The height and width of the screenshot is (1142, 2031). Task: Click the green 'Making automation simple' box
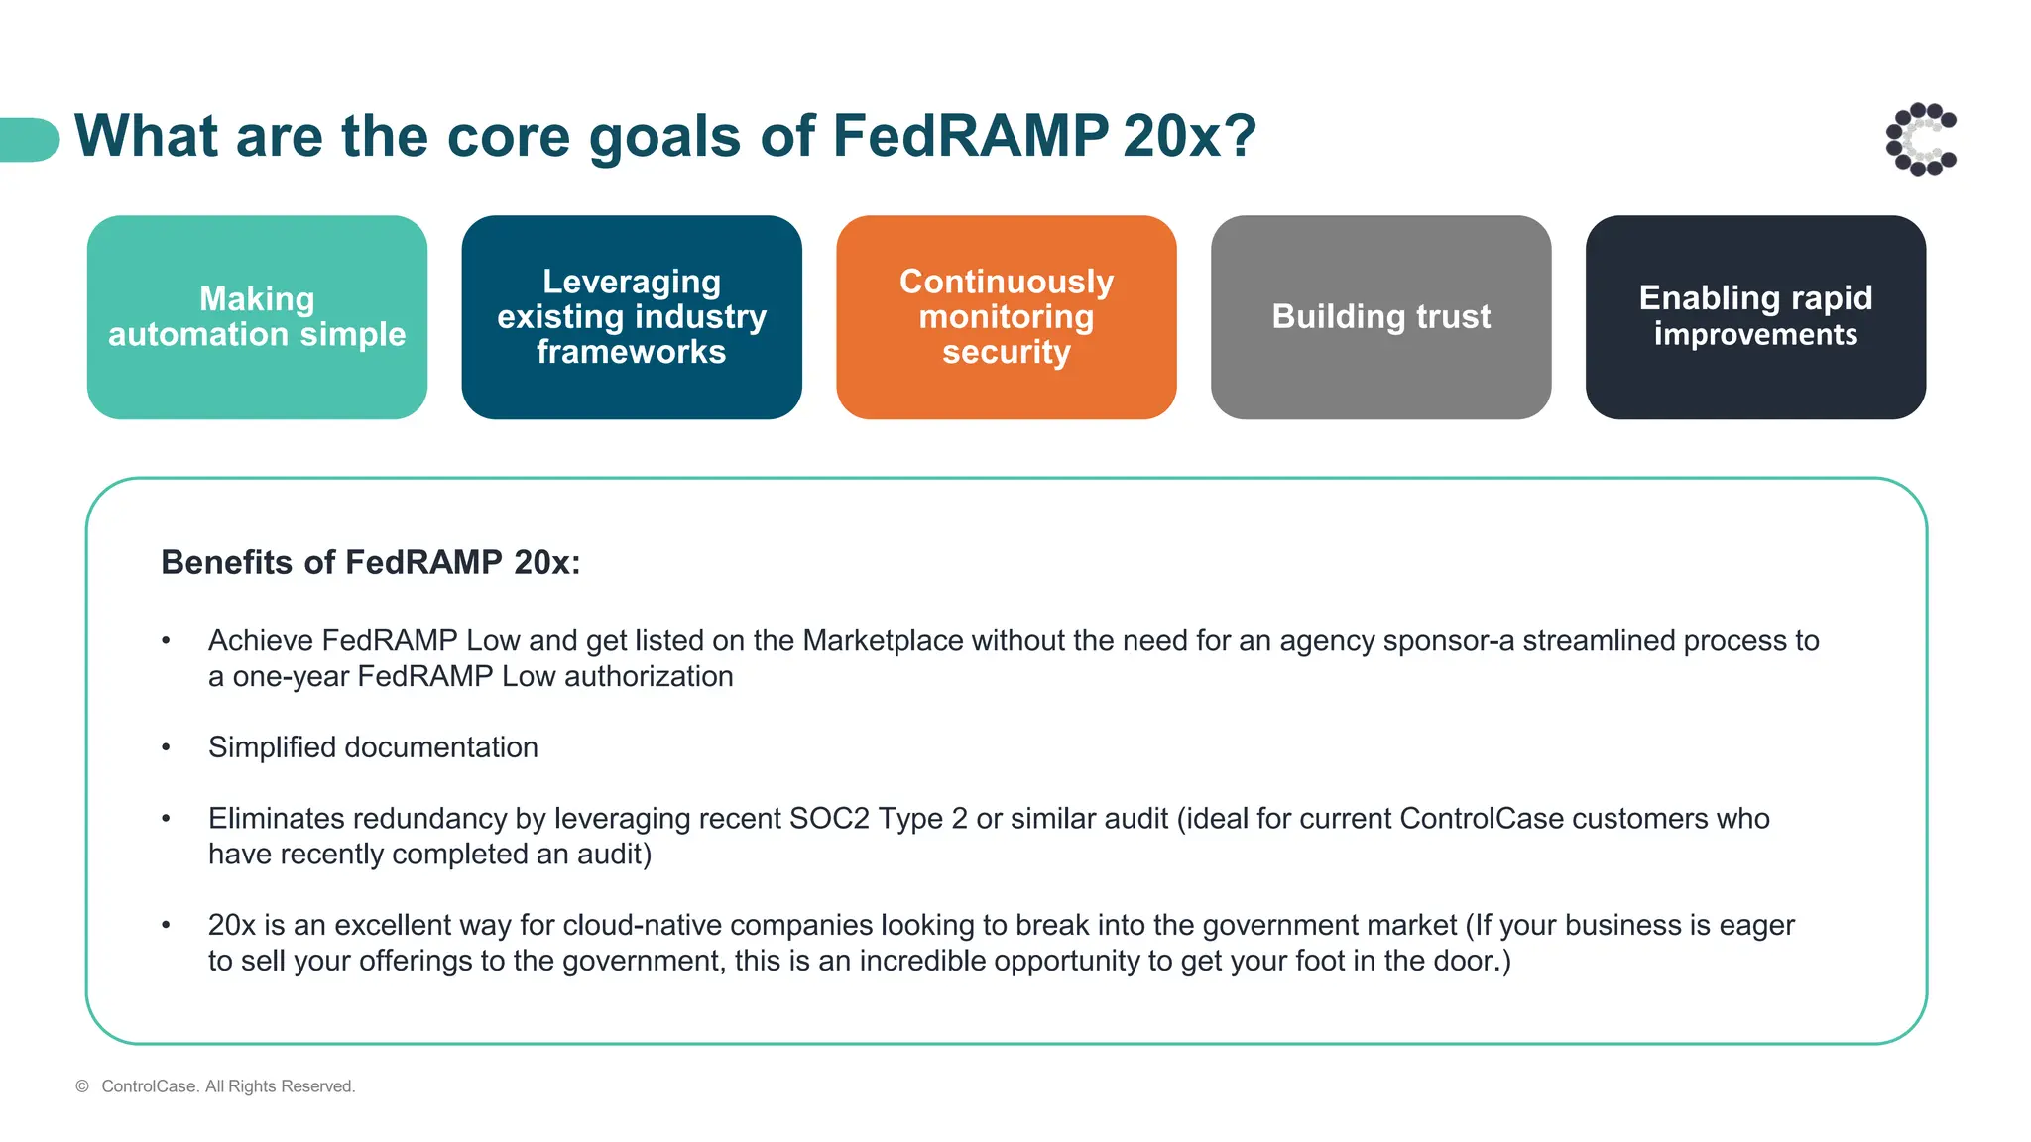(x=257, y=317)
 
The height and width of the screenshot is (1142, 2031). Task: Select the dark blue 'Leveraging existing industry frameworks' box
(x=632, y=317)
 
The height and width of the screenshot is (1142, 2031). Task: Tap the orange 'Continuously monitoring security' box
(x=1006, y=317)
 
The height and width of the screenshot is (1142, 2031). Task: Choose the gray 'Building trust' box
(x=1380, y=317)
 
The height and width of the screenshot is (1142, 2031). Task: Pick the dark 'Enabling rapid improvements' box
(x=1755, y=317)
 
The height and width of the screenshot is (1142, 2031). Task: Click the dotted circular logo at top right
(x=1921, y=140)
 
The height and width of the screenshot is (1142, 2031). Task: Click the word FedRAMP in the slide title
(x=970, y=136)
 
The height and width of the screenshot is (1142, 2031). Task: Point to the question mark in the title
(x=1239, y=136)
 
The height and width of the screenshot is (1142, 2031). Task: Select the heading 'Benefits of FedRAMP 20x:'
(x=370, y=563)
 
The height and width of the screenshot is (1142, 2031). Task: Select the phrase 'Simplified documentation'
(x=373, y=747)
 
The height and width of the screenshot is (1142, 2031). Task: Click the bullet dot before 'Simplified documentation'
(x=166, y=747)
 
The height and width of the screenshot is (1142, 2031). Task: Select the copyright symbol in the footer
(x=82, y=1086)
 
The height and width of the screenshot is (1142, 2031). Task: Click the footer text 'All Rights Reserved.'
(x=280, y=1086)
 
